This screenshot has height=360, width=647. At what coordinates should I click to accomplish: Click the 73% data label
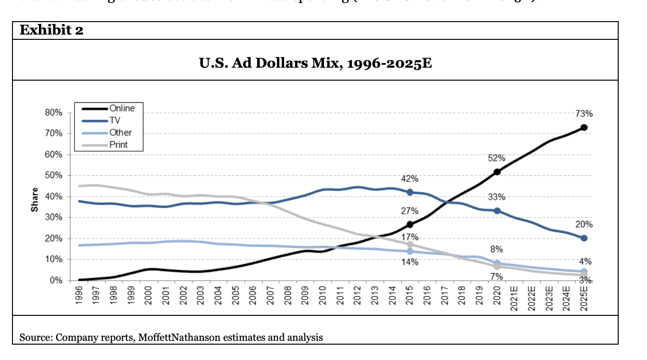(x=584, y=114)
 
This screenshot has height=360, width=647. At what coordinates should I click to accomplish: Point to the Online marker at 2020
(x=497, y=172)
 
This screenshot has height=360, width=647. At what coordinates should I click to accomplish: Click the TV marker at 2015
(x=410, y=192)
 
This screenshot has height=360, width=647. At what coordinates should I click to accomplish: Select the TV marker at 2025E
(x=584, y=238)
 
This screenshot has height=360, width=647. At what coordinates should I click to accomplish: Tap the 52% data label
(x=497, y=158)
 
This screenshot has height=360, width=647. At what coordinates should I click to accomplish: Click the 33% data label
(x=497, y=197)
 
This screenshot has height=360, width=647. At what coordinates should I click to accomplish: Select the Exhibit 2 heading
(x=51, y=31)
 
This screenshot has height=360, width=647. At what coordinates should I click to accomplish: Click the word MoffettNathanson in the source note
(x=172, y=337)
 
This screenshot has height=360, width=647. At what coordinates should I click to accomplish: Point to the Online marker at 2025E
(x=584, y=128)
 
